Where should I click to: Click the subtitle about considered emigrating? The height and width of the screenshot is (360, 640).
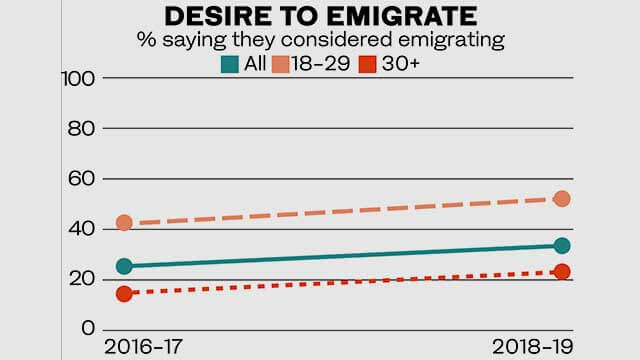(321, 41)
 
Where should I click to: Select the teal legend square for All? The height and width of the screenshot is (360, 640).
(229, 64)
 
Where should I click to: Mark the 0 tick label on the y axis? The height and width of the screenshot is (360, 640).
(87, 329)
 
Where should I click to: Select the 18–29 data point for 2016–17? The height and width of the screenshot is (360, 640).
(124, 222)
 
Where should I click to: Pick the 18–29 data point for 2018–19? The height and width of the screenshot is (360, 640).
(562, 199)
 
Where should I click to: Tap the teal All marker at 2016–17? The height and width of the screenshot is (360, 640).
(124, 266)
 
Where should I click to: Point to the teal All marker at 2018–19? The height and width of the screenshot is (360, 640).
(562, 246)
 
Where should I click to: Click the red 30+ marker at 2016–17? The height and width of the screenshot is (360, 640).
(124, 293)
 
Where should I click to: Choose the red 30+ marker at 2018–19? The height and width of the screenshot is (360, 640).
(562, 272)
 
